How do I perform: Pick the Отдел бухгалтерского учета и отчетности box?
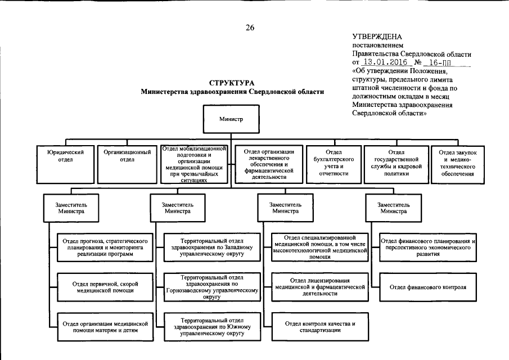(334, 163)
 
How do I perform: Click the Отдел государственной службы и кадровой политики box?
(396, 163)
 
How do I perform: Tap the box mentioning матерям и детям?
(105, 327)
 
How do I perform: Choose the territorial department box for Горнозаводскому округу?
(212, 287)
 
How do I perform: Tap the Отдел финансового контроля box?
(428, 287)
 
